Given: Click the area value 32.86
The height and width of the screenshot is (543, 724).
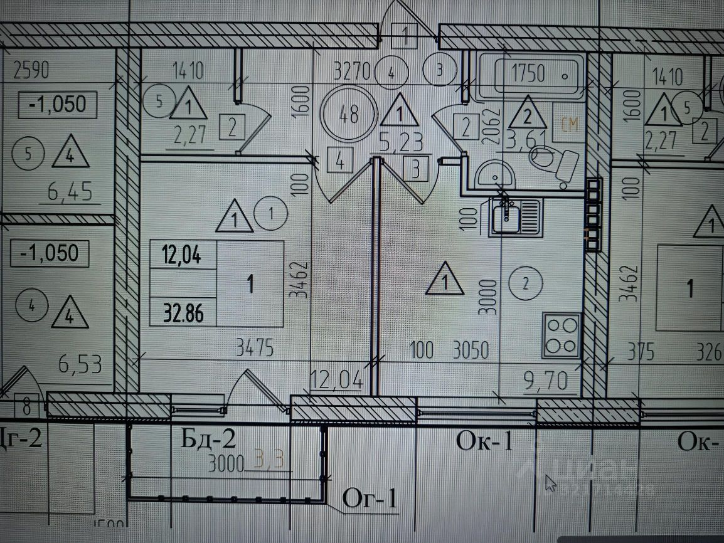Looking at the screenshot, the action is coord(183,312).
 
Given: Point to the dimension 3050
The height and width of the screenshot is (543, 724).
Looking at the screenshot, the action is coord(470,350).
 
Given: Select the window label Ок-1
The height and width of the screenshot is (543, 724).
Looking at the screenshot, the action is coord(484,441).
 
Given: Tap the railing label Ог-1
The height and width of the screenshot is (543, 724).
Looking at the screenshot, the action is coord(370,499).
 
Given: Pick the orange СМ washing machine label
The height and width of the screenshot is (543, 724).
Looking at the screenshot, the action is coord(569,125).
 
